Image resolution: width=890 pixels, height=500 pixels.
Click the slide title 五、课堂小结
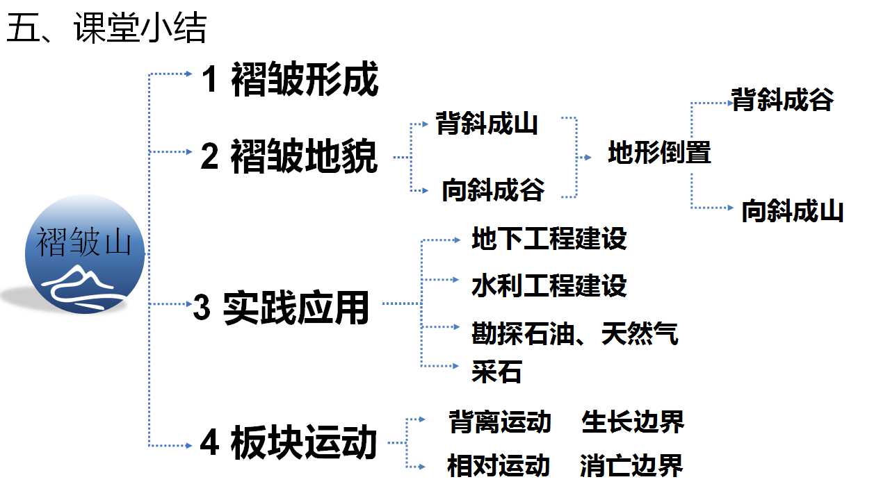tap(106, 27)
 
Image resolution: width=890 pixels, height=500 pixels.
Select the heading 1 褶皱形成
tap(290, 79)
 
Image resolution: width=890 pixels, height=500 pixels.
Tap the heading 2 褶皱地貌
tap(289, 156)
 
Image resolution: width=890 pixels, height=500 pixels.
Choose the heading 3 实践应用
tap(281, 308)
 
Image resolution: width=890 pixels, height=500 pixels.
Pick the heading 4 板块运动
tap(288, 442)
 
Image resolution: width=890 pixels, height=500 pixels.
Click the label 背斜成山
tap(487, 123)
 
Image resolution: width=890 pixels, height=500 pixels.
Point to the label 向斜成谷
tap(493, 190)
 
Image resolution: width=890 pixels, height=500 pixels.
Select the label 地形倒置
tap(660, 151)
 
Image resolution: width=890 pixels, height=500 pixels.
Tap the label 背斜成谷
tap(782, 99)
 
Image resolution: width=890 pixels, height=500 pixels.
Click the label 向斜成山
tap(793, 210)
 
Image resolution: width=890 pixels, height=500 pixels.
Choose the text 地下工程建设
tap(549, 238)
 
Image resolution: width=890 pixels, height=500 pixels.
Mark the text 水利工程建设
tap(549, 285)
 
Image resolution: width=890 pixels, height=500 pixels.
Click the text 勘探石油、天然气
tap(575, 333)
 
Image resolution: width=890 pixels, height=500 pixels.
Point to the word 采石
tap(496, 372)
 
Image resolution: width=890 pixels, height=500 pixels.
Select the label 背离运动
tap(500, 422)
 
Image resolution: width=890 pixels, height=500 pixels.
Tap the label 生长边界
tap(633, 422)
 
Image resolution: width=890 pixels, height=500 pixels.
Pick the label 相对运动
tap(499, 465)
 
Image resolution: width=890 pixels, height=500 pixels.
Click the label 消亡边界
tap(631, 465)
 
